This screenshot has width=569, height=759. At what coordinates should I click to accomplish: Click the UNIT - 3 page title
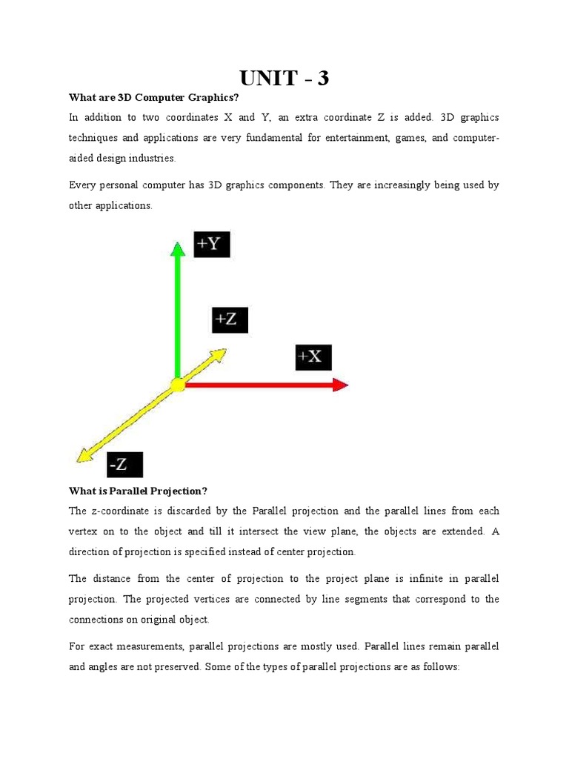(284, 78)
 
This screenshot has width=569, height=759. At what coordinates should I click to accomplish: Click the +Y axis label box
(212, 244)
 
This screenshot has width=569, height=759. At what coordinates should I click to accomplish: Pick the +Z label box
(230, 319)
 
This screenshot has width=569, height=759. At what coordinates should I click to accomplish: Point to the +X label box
(313, 357)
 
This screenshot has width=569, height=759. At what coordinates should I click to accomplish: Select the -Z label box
(124, 465)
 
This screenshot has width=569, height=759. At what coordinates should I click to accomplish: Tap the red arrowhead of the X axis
(340, 384)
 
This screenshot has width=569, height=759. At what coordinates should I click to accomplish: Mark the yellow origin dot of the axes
(178, 385)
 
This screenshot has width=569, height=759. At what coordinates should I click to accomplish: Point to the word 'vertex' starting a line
(84, 531)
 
